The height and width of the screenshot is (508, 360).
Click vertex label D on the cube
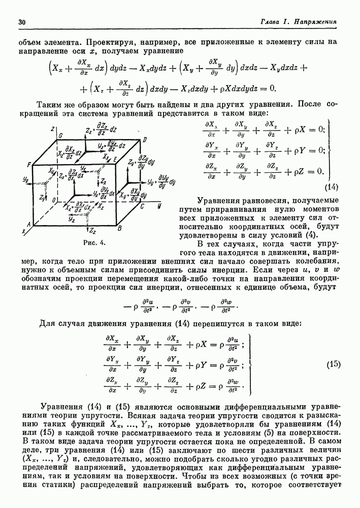[144, 139]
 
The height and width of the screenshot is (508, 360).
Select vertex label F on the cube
[29, 164]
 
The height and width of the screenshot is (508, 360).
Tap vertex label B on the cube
[118, 229]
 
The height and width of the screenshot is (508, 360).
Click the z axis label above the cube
[52, 128]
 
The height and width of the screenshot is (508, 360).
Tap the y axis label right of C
[159, 204]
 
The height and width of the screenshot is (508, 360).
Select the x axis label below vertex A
[23, 231]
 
